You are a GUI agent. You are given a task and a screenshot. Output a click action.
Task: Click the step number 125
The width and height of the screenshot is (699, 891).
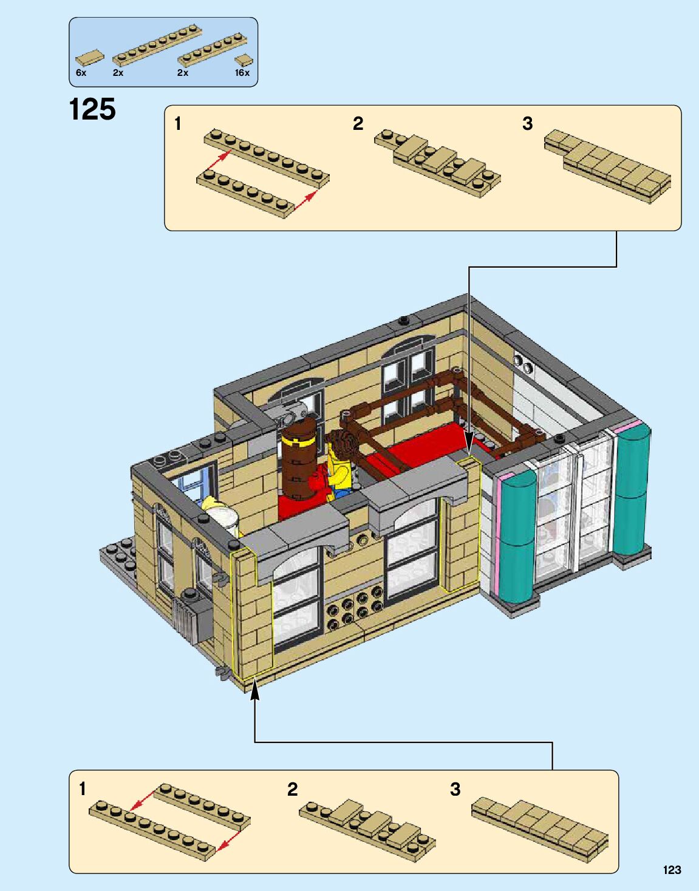click(x=92, y=110)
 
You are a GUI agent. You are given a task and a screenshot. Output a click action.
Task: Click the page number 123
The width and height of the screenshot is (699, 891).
click(x=672, y=870)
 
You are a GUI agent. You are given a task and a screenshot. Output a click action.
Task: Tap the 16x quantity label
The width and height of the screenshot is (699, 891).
click(x=242, y=73)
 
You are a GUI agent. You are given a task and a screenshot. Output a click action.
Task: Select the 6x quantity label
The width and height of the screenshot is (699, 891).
click(x=81, y=73)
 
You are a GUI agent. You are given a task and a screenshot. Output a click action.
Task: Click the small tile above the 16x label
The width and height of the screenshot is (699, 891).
click(x=244, y=60)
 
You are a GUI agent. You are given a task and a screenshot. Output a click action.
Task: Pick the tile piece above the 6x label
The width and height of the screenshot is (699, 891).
click(x=89, y=58)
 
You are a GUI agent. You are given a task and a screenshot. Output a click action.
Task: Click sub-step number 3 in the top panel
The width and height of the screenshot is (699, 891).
click(x=527, y=124)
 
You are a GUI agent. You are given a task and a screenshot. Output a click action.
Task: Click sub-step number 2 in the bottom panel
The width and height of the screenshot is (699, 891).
click(x=292, y=789)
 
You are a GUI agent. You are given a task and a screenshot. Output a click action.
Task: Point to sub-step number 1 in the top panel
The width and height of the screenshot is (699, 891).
click(x=177, y=124)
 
